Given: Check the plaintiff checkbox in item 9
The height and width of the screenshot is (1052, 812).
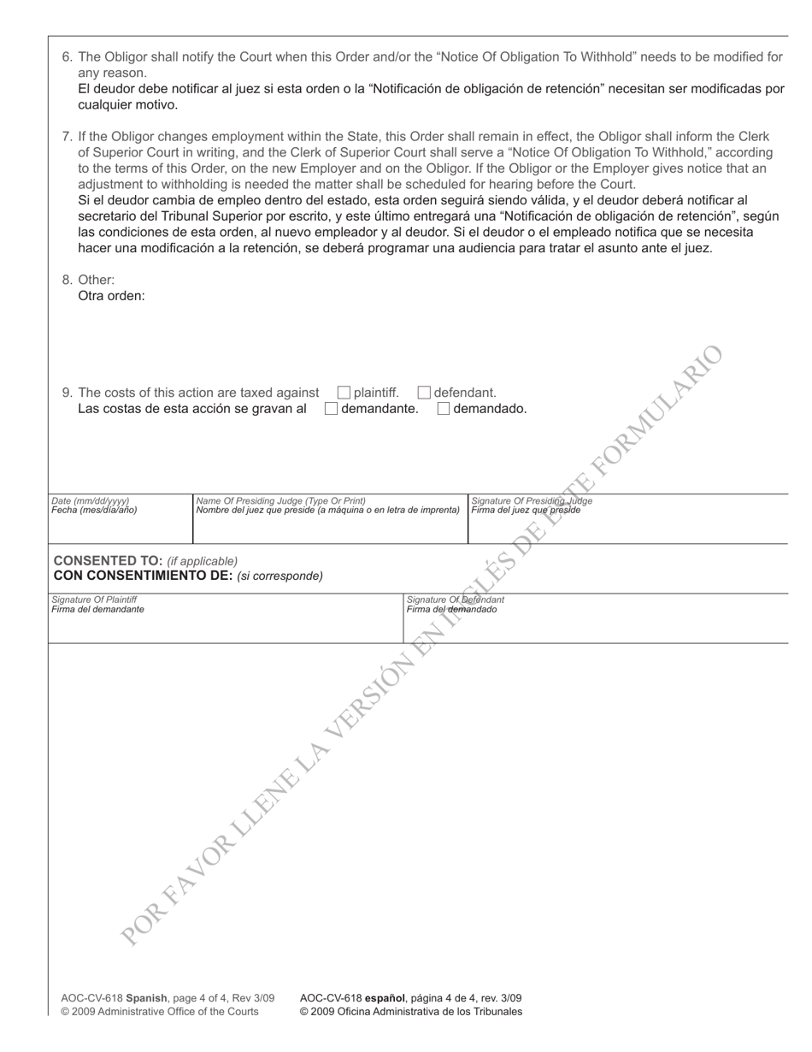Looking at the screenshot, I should pyautogui.click(x=344, y=393).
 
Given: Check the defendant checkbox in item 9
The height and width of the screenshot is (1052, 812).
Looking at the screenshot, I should pyautogui.click(x=424, y=393).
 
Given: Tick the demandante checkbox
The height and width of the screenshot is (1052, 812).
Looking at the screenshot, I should pyautogui.click(x=332, y=409).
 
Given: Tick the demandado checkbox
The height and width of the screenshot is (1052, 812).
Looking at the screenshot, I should pyautogui.click(x=444, y=409).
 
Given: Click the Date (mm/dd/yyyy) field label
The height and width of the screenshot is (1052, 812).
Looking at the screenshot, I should pyautogui.click(x=91, y=501).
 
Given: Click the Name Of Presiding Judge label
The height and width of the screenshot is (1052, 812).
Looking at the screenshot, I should pyautogui.click(x=280, y=501).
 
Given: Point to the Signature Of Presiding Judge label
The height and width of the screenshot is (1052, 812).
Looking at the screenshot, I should pyautogui.click(x=532, y=501).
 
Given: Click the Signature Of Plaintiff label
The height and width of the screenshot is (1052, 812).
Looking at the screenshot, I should pyautogui.click(x=94, y=600).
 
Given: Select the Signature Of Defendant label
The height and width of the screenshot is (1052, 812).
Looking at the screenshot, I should pyautogui.click(x=455, y=600).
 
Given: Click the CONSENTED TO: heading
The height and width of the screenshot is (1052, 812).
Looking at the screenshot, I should pyautogui.click(x=108, y=560).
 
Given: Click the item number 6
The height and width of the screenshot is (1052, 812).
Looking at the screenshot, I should pyautogui.click(x=67, y=57).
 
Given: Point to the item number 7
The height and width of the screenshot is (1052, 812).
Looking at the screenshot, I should pyautogui.click(x=67, y=136).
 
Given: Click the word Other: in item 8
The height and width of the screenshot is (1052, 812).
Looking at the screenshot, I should pyautogui.click(x=96, y=280).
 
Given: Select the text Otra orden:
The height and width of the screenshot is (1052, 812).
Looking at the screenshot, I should pyautogui.click(x=111, y=296).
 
